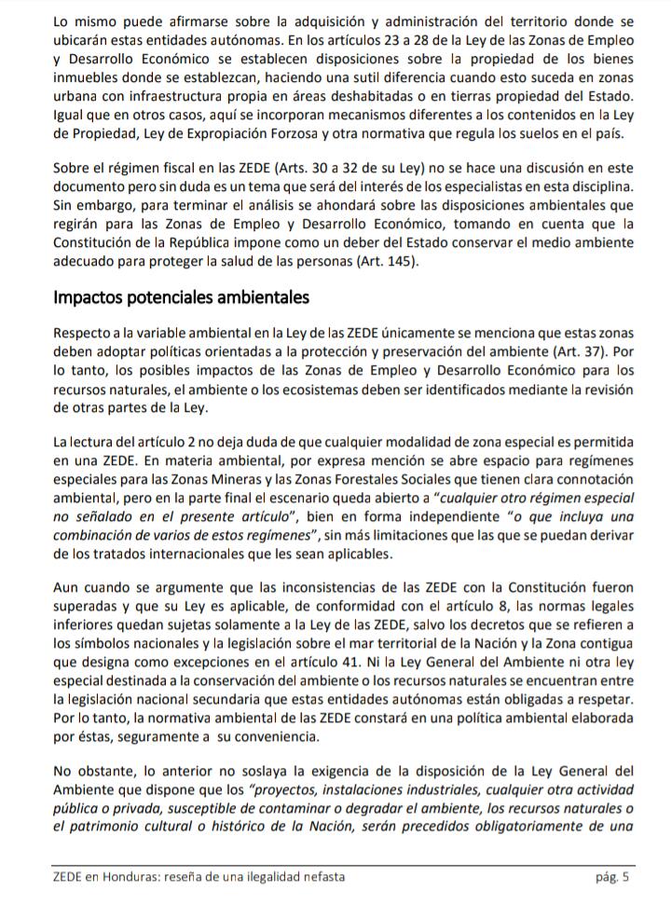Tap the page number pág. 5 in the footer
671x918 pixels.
pyautogui.click(x=612, y=877)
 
